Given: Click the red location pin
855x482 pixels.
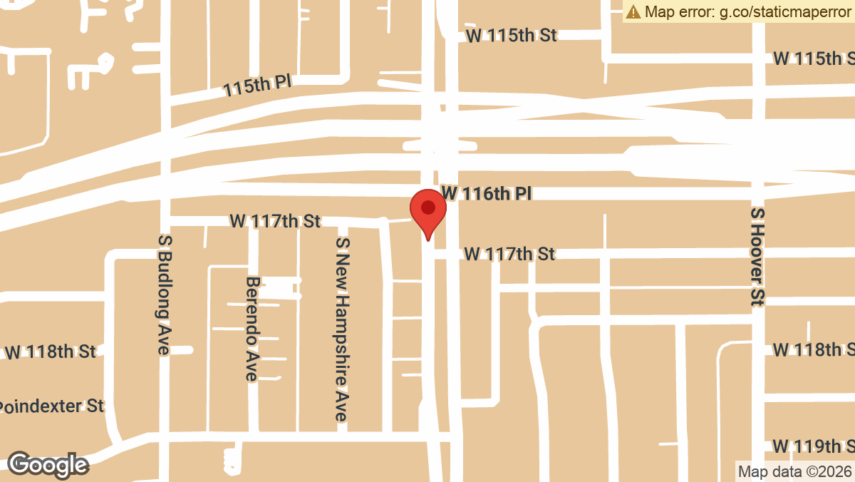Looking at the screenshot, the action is coord(427,213).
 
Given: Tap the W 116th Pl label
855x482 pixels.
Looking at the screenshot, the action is coord(487,193).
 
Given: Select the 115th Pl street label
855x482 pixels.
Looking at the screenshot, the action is coord(257,86).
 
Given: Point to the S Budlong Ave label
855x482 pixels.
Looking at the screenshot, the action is coord(165,294).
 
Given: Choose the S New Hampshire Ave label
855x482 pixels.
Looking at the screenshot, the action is coord(343,329).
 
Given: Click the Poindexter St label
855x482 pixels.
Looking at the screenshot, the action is coord(51,406).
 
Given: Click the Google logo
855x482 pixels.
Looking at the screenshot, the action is coord(48,465).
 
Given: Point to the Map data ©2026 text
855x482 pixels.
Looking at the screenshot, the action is coord(794,471).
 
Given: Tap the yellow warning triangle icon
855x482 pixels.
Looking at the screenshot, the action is coord(633,11).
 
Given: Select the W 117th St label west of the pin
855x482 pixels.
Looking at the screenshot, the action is coord(275,221).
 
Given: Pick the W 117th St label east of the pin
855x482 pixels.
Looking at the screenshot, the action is coord(509,253).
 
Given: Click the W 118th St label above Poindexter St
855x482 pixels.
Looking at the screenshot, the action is coord(50,352).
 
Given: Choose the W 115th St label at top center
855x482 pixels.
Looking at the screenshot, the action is coord(511,35).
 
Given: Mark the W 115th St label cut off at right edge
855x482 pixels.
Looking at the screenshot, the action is coord(813,58).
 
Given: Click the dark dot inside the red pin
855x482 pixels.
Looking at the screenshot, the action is coord(427,207).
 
